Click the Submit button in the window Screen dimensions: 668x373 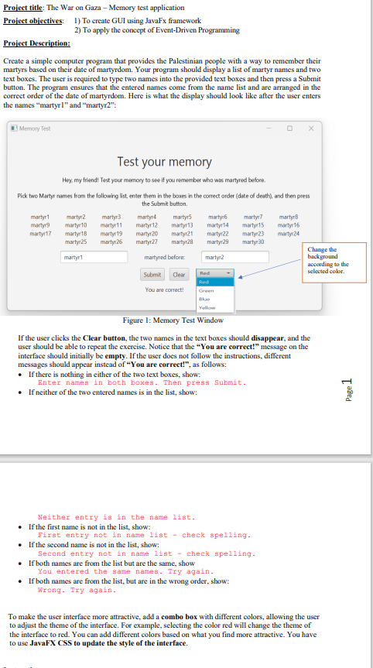point(152,275)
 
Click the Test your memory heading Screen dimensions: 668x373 point(164,162)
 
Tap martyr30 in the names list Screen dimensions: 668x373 point(253,243)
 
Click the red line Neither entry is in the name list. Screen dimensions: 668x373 point(116,516)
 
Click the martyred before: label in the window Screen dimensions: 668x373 point(164,256)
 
